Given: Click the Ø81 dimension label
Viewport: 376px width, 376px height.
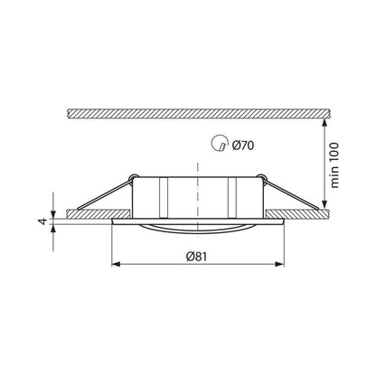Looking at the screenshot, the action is click(x=197, y=257).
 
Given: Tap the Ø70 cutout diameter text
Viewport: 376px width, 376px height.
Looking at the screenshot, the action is click(x=243, y=146).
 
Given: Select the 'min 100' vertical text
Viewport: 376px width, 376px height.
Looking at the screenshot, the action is click(x=334, y=165).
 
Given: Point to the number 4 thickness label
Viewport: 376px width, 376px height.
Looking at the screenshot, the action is click(x=43, y=221).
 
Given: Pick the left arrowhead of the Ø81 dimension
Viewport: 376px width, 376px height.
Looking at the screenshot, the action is click(x=116, y=264).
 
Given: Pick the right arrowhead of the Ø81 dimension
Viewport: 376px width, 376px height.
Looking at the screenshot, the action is click(x=280, y=264).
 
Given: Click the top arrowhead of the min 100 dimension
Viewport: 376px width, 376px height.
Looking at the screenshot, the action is click(x=324, y=123).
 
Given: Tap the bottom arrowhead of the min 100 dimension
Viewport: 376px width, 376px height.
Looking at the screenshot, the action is click(x=324, y=204).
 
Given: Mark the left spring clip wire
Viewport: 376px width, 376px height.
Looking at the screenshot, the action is click(x=104, y=193).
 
